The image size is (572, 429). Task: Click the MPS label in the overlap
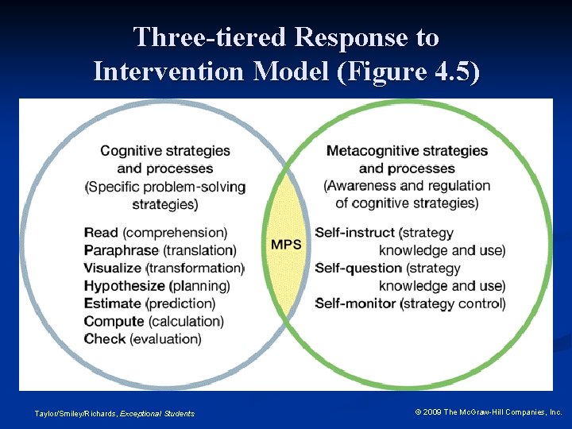(286, 244)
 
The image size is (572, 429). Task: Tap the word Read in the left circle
(101, 233)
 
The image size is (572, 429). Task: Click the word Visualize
(113, 268)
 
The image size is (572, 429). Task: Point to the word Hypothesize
(124, 286)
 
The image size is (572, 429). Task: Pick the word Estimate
(114, 303)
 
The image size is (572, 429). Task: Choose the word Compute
(114, 321)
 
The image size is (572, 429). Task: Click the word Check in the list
(104, 338)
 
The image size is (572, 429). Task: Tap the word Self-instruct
(355, 233)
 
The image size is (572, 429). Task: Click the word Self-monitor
(357, 303)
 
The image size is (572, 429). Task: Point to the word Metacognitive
(369, 150)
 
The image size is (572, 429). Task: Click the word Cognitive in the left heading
(128, 150)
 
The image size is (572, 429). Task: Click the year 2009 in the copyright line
(434, 412)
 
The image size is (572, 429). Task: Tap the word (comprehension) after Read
(175, 233)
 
